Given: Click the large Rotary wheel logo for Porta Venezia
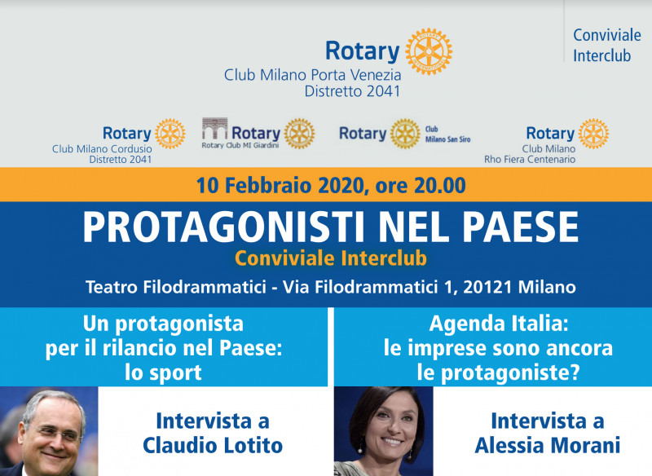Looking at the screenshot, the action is pyautogui.click(x=429, y=51).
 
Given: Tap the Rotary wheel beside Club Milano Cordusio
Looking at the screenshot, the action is pyautogui.click(x=170, y=134).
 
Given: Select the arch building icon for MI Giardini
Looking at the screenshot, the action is pyautogui.click(x=214, y=129).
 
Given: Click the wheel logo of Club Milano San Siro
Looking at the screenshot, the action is pyautogui.click(x=405, y=134).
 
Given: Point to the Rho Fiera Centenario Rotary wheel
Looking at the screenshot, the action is pyautogui.click(x=593, y=134).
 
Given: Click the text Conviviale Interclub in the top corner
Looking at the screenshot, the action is pyautogui.click(x=607, y=46).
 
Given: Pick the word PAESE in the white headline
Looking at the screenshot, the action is pyautogui.click(x=521, y=227).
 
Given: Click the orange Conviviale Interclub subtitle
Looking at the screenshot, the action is pyautogui.click(x=331, y=258).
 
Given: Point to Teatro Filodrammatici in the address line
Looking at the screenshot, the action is pyautogui.click(x=176, y=287).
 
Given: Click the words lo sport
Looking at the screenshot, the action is pyautogui.click(x=164, y=372).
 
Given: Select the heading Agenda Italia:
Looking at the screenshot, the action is pyautogui.click(x=499, y=324).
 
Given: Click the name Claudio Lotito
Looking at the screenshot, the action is pyautogui.click(x=213, y=445).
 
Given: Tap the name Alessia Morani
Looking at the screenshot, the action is pyautogui.click(x=547, y=445).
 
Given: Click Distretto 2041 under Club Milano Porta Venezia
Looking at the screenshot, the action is pyautogui.click(x=352, y=91).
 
